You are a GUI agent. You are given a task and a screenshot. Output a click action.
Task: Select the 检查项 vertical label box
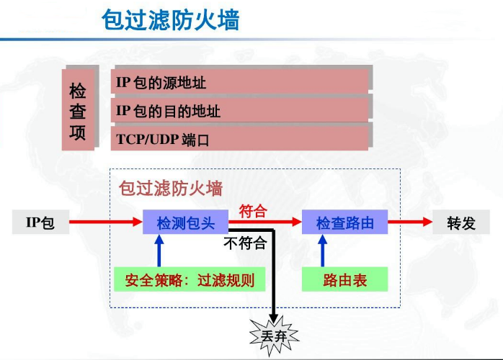[78, 110]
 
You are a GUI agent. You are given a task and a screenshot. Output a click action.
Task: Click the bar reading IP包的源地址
[241, 82]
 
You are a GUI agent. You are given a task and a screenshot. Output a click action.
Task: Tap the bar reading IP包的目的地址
[241, 111]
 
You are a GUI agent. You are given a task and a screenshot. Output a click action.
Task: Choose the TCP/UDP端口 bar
[241, 138]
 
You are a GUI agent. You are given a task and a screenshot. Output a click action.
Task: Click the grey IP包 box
[40, 222]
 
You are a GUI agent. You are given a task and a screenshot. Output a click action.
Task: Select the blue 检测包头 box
[185, 222]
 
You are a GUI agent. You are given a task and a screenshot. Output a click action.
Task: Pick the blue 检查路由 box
[344, 222]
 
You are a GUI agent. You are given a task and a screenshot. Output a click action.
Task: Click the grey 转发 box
[461, 222]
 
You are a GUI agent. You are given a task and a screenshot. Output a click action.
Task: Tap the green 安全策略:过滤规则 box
[184, 279]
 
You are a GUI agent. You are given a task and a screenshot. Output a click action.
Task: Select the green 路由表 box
[344, 279]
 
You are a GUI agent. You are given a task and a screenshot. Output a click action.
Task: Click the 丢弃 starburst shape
[272, 336]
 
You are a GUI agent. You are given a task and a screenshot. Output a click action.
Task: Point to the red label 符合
[253, 211]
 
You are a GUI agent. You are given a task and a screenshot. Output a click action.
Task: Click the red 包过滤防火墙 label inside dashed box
[170, 189]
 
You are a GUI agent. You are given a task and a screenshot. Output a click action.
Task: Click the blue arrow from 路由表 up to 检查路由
[322, 251]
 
